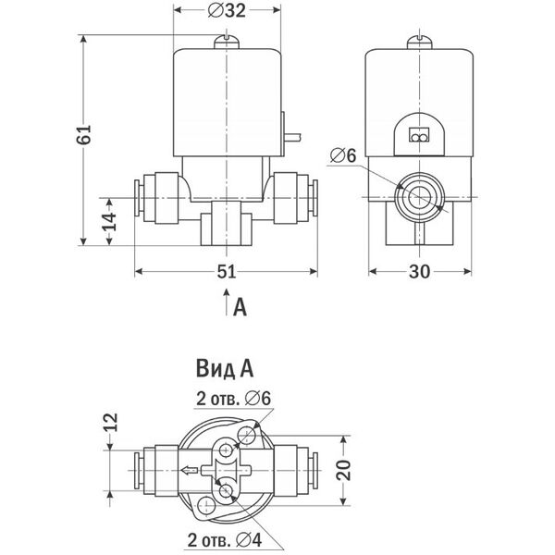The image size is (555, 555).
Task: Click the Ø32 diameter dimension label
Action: [x=228, y=11]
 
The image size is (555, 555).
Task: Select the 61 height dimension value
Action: [x=85, y=136]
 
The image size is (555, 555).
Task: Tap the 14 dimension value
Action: [x=109, y=222]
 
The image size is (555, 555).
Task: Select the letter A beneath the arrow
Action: [x=241, y=306]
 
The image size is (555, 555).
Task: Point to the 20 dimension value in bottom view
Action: [x=345, y=471]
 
